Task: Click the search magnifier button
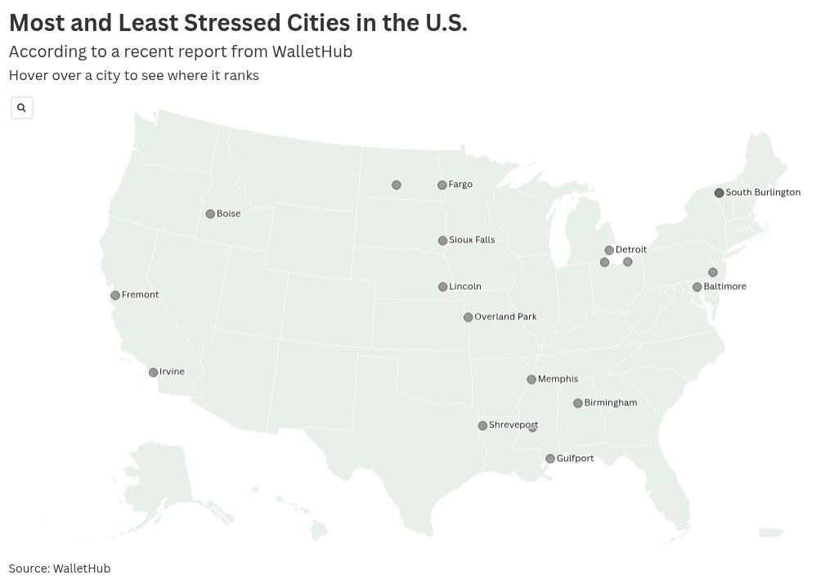point(22,108)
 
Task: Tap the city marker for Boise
point(210,214)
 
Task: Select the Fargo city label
point(460,185)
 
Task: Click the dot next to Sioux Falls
point(442,241)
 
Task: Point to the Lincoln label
point(465,287)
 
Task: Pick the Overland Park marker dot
point(468,318)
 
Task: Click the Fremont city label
point(140,295)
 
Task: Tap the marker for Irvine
point(153,372)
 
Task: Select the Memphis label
point(558,379)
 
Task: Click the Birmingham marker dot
point(577,403)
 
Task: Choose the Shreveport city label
point(513,426)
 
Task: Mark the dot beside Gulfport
point(550,459)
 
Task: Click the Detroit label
point(630,250)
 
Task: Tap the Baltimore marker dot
point(697,288)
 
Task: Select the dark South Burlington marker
point(719,194)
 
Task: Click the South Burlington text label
point(763,193)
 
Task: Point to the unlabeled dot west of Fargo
point(396,185)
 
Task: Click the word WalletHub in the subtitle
point(312,51)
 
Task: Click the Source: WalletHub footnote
point(60,568)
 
